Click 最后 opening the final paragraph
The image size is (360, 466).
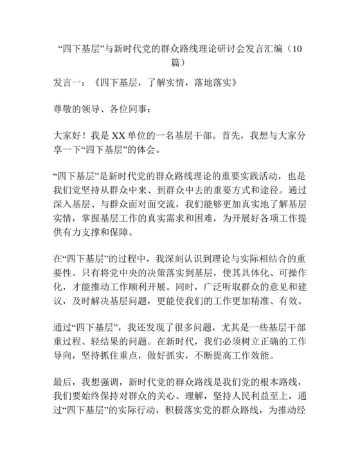[x=64, y=388]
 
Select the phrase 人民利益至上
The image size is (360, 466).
[x=243, y=402]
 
